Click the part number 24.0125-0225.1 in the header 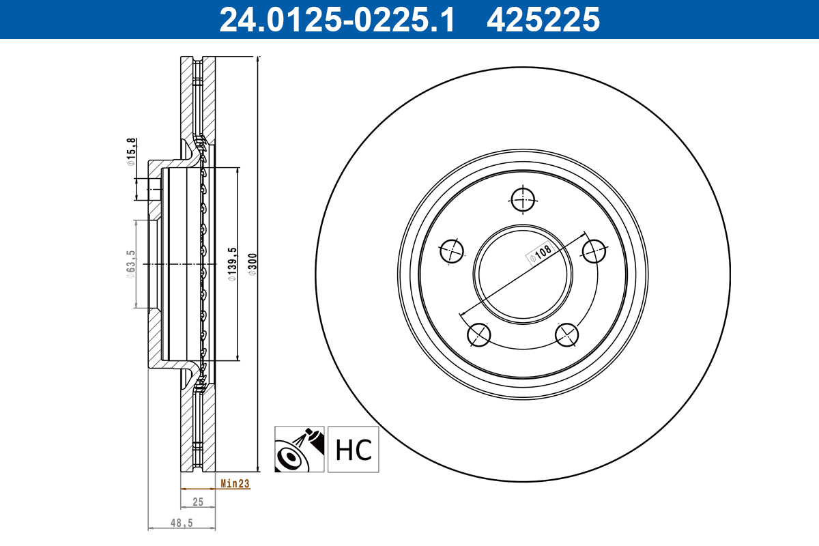pos(336,19)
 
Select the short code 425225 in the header pos(543,19)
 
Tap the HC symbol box pos(353,450)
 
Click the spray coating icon pos(300,450)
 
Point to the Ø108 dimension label pos(538,255)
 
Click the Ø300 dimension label pos(252,264)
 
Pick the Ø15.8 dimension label pos(130,153)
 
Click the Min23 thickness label pos(235,484)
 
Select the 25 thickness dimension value pos(198,502)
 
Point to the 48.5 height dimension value pos(181,523)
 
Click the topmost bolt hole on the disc pos(523,199)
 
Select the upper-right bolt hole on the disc pos(594,251)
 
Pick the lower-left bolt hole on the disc pos(479,334)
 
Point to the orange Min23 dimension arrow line pos(198,489)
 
